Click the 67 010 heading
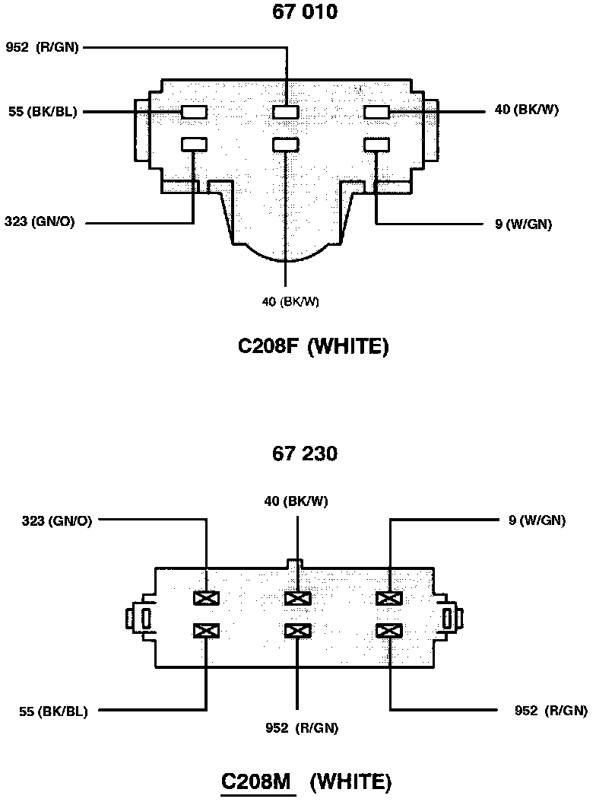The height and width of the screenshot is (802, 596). (305, 12)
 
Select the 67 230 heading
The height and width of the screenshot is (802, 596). (305, 454)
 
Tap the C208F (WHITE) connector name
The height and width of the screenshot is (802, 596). (313, 347)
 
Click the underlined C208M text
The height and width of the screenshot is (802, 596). (257, 781)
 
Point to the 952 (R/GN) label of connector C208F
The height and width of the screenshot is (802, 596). (42, 47)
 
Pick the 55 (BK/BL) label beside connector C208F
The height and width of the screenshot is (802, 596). (43, 112)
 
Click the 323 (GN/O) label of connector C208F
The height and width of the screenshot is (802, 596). (40, 223)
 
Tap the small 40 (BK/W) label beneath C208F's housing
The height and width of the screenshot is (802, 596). (290, 301)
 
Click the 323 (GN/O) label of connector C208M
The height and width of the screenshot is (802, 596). (58, 520)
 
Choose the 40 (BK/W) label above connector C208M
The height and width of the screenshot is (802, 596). (296, 501)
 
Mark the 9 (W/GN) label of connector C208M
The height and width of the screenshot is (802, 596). (537, 520)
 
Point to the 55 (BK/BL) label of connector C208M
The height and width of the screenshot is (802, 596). (53, 712)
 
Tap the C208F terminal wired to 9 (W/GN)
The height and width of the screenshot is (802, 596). (377, 143)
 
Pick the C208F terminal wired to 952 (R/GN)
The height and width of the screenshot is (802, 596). (286, 112)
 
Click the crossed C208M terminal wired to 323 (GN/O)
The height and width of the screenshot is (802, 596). (206, 598)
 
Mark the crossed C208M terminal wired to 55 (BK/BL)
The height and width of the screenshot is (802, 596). (206, 630)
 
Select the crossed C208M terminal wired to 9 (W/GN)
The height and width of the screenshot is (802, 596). (389, 598)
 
